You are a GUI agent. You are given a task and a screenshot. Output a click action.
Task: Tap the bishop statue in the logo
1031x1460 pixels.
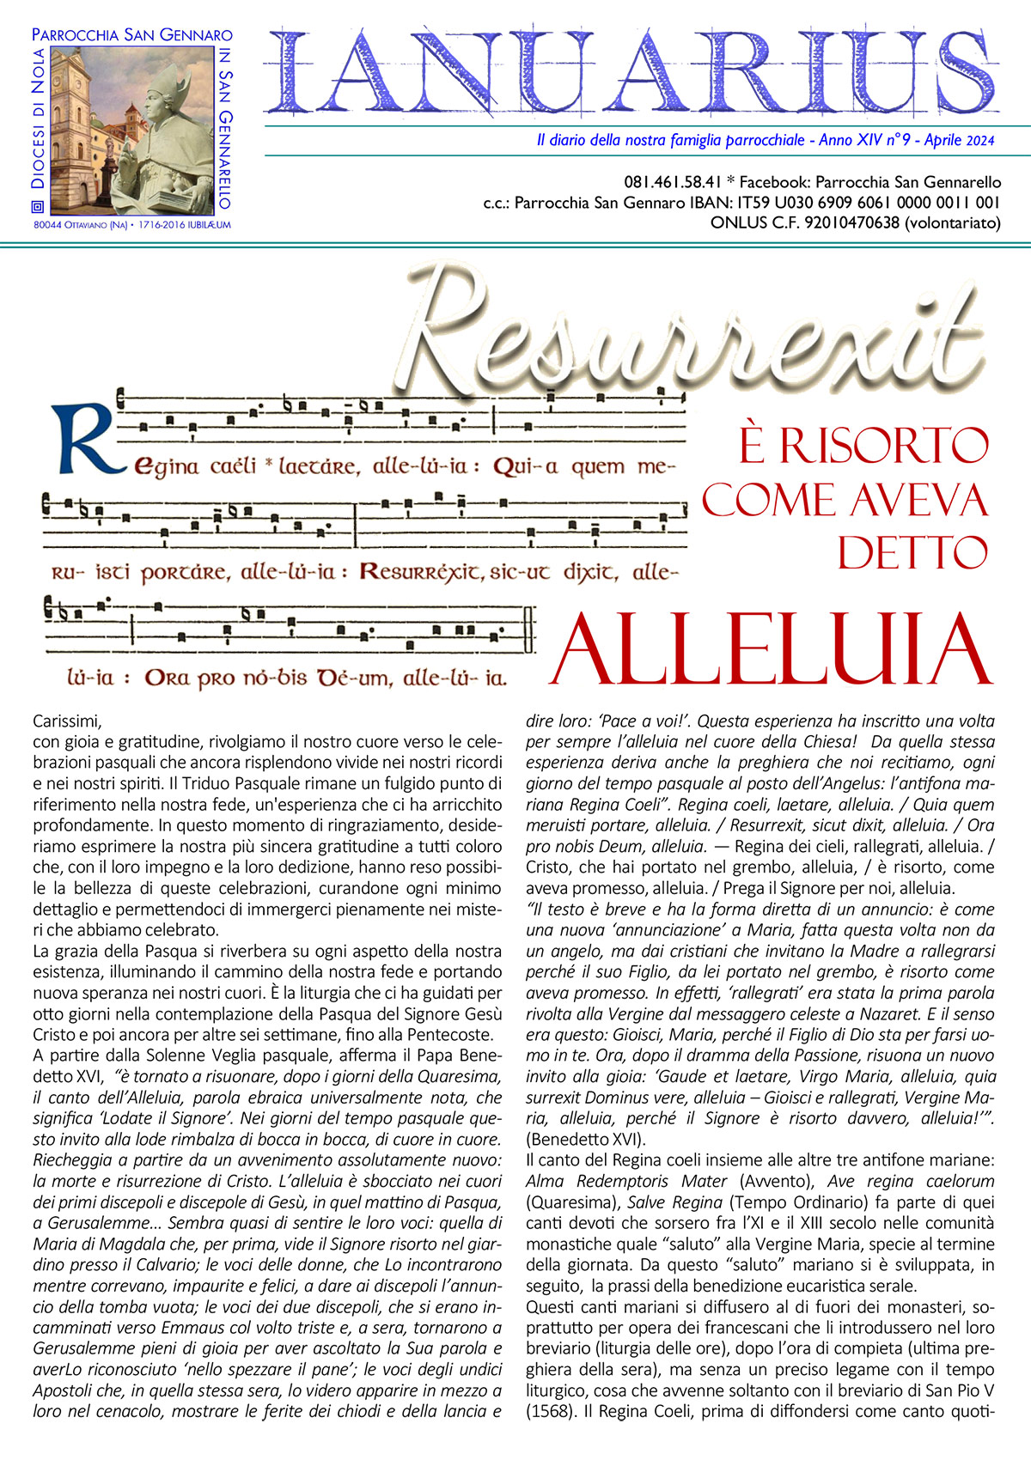[168, 129]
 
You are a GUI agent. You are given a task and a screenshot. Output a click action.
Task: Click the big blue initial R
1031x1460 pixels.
[86, 438]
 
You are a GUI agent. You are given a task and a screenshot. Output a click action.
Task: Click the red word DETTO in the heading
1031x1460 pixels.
[912, 553]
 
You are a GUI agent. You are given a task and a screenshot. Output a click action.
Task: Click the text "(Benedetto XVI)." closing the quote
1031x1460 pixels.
[585, 1140]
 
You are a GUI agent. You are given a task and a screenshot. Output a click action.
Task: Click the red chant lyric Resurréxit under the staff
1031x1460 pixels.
[422, 572]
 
